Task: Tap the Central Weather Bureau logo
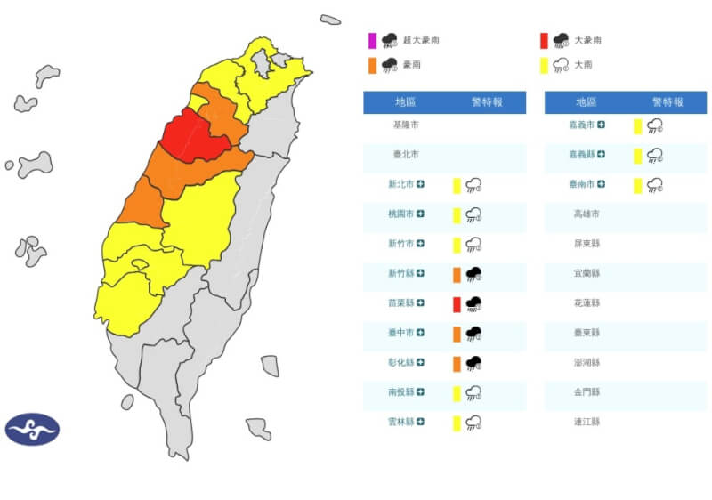[32, 430]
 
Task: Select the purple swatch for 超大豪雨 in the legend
[372, 40]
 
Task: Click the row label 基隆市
[406, 125]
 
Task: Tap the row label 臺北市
[406, 155]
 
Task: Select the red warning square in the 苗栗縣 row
[457, 304]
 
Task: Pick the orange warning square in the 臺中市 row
[457, 334]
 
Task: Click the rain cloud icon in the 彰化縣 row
[474, 364]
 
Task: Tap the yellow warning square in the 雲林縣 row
[457, 423]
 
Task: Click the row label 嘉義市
[583, 125]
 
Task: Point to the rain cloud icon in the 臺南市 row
[655, 185]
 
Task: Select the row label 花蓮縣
[587, 303]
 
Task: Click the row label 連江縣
[587, 423]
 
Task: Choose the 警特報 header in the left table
[486, 102]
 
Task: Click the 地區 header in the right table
[587, 102]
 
